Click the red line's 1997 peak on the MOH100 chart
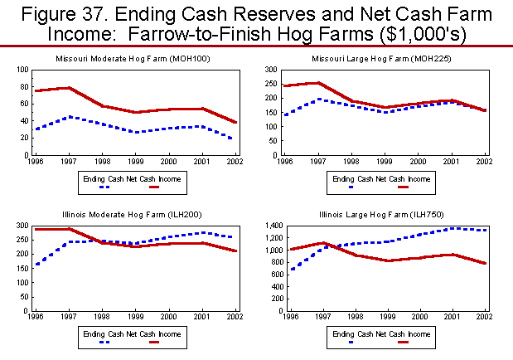click(68, 88)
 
